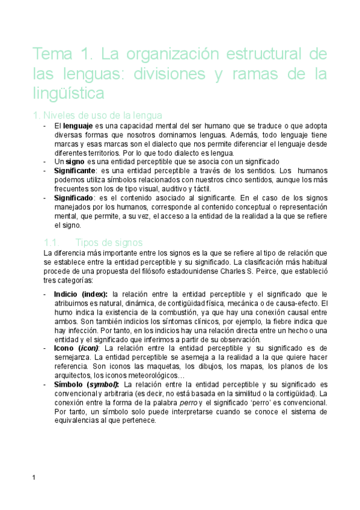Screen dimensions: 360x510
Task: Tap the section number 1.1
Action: (50, 242)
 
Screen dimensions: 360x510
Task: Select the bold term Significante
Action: (75, 171)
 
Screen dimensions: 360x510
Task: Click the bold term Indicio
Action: (67, 294)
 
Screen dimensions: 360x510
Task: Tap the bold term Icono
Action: (64, 348)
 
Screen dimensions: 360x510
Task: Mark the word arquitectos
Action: (73, 375)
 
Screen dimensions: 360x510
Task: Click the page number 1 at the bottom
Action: (35, 478)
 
